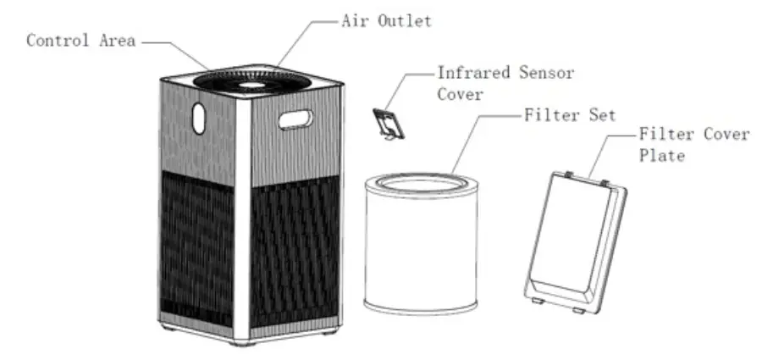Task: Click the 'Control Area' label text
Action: point(80,41)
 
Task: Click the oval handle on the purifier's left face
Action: point(198,118)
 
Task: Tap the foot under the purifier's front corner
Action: point(246,343)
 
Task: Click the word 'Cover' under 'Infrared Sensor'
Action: point(460,94)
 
